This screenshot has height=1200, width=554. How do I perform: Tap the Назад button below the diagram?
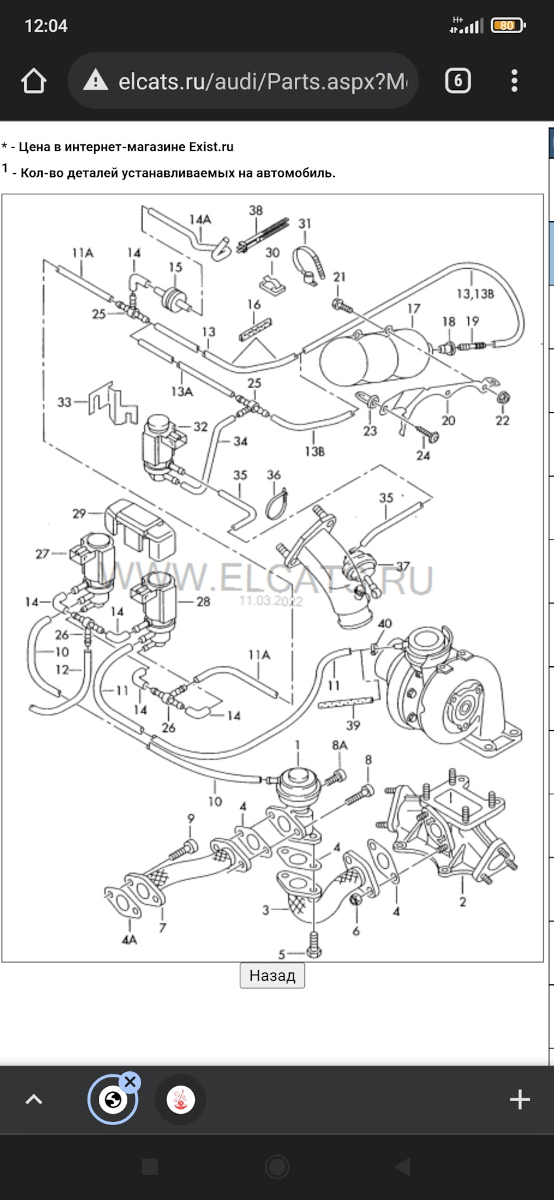tap(272, 975)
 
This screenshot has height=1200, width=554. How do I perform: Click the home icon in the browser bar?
tap(34, 81)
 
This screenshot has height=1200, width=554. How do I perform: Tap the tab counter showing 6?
tap(458, 81)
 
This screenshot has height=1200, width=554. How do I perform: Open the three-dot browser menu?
tap(514, 81)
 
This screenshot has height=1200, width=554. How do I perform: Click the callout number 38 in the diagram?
tap(256, 211)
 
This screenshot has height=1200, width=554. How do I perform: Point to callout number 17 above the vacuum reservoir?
tap(413, 309)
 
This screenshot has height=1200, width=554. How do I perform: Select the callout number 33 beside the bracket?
tap(64, 402)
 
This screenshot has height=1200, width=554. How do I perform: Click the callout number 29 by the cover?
tap(79, 514)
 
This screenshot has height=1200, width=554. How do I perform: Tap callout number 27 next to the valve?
tap(42, 554)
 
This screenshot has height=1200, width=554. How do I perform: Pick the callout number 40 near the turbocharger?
tap(385, 624)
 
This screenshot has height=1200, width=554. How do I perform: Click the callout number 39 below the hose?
tap(353, 726)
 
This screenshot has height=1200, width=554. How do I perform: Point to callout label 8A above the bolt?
tap(340, 745)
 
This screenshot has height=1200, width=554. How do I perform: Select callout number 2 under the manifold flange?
tap(462, 902)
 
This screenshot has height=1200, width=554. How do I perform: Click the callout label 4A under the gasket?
tap(129, 939)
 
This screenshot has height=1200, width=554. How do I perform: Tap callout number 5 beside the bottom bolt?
tap(282, 954)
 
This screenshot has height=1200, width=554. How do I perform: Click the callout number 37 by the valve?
tap(403, 566)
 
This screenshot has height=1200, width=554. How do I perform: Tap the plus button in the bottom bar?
tap(520, 1099)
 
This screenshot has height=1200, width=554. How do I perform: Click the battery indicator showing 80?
tap(508, 26)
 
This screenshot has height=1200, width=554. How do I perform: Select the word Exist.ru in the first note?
tap(211, 147)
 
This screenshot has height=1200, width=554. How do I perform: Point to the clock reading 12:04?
tap(46, 26)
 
